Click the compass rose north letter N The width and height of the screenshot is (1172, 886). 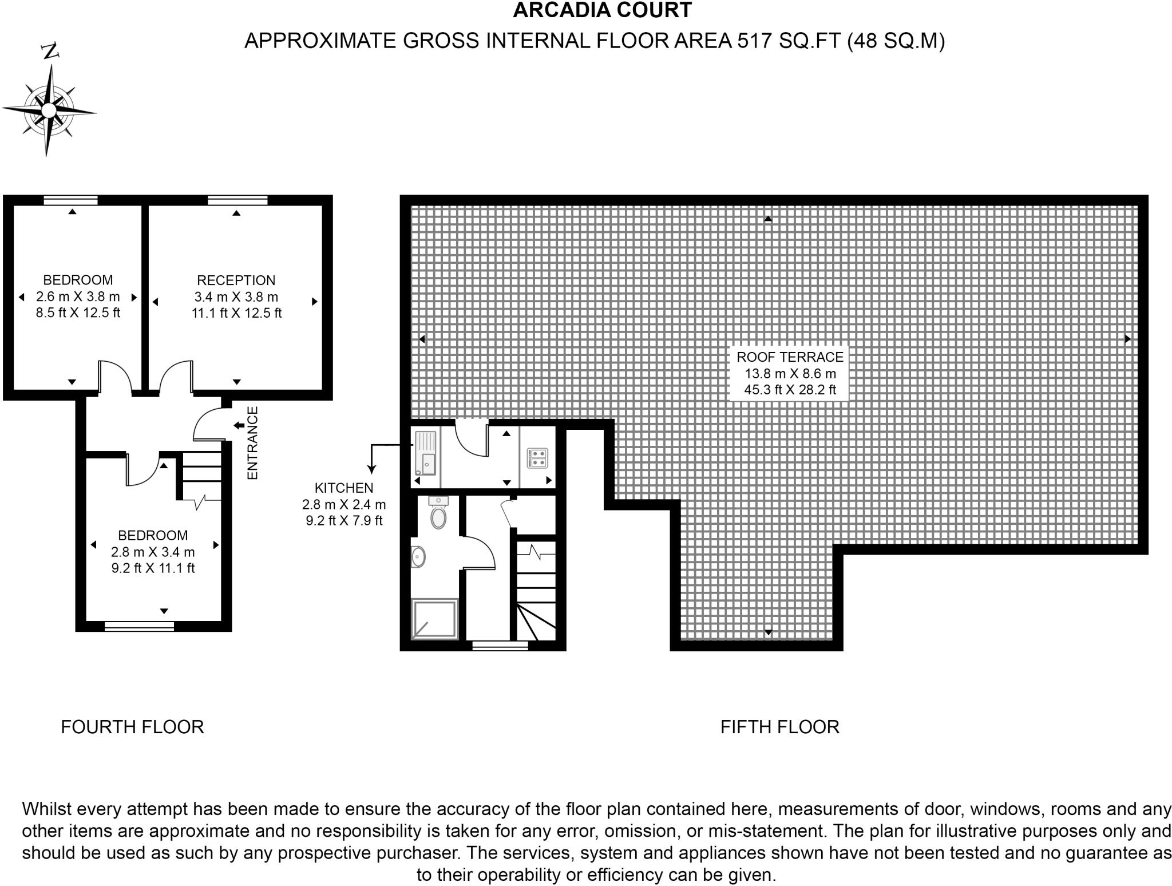coord(51,52)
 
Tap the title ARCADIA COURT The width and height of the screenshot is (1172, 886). coord(602,10)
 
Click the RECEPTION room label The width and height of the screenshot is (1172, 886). coord(236,280)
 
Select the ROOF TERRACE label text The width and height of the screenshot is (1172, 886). coord(790,357)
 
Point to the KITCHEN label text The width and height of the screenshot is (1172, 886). coord(343,488)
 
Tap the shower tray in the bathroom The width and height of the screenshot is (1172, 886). coord(435,619)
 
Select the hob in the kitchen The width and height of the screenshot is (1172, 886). coord(537,457)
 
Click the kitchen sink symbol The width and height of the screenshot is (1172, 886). coord(426,454)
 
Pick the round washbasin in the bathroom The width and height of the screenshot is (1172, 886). coord(418,556)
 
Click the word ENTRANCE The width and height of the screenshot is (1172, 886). coord(252,443)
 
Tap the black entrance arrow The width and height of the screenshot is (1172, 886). coord(239,425)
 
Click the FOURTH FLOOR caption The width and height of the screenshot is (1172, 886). coord(132,727)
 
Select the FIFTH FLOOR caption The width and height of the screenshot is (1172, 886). coord(779,727)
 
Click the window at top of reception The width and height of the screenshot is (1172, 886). coord(237,200)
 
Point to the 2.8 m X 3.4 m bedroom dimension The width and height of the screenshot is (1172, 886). coord(153,552)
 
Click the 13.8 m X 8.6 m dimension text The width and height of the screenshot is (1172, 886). coord(790,374)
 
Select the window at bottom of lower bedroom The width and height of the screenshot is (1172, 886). coord(139,627)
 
